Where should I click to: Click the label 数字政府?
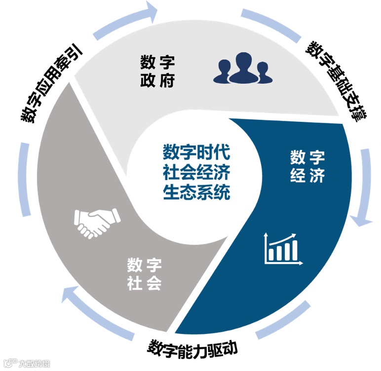tap(157, 72)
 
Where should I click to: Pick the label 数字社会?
tap(145, 274)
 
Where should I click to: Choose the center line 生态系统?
tap(196, 192)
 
